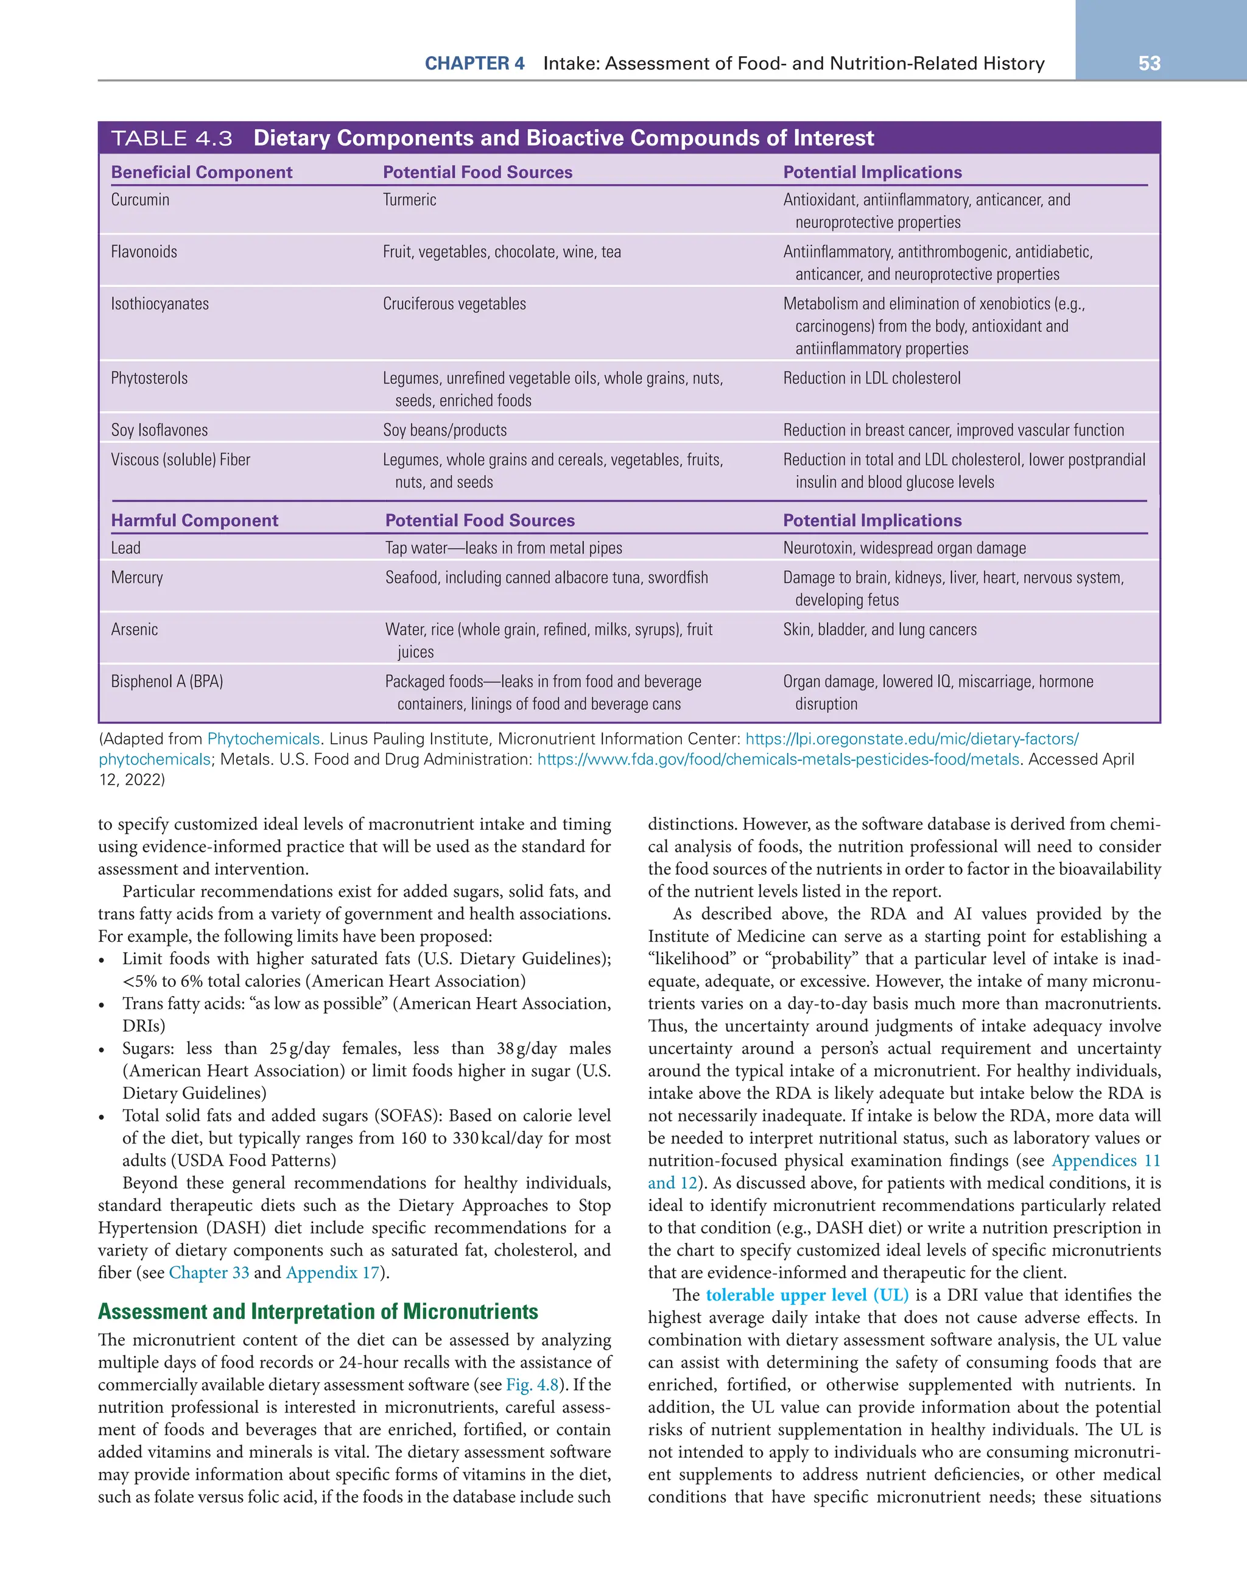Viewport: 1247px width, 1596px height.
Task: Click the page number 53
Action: tap(1149, 63)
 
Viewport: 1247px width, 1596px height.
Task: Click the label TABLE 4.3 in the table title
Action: tap(172, 138)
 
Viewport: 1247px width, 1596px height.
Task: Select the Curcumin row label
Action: tap(140, 200)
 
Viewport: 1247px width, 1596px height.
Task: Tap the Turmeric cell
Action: tap(409, 200)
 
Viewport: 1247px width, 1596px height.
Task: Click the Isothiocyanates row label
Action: tap(160, 303)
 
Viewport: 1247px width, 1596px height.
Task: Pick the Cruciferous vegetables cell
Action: tap(454, 303)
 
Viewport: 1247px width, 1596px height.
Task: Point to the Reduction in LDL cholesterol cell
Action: tap(871, 378)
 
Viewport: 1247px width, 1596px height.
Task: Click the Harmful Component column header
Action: tap(194, 520)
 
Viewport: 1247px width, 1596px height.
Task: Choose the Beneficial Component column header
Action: tap(202, 172)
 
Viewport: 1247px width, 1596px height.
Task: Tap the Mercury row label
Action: tap(138, 577)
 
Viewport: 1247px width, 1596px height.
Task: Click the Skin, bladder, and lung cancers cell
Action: tap(880, 629)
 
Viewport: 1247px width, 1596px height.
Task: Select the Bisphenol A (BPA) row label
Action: tap(167, 681)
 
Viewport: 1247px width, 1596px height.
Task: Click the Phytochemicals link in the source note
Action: tap(263, 739)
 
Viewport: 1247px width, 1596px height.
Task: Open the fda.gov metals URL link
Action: tap(778, 759)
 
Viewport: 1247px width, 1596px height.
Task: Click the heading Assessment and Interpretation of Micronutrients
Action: tap(318, 1311)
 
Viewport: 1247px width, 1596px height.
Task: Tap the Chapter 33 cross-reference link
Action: tap(209, 1273)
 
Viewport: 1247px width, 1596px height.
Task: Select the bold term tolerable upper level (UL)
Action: tap(807, 1295)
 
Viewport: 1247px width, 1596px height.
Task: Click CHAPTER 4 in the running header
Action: tap(475, 63)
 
